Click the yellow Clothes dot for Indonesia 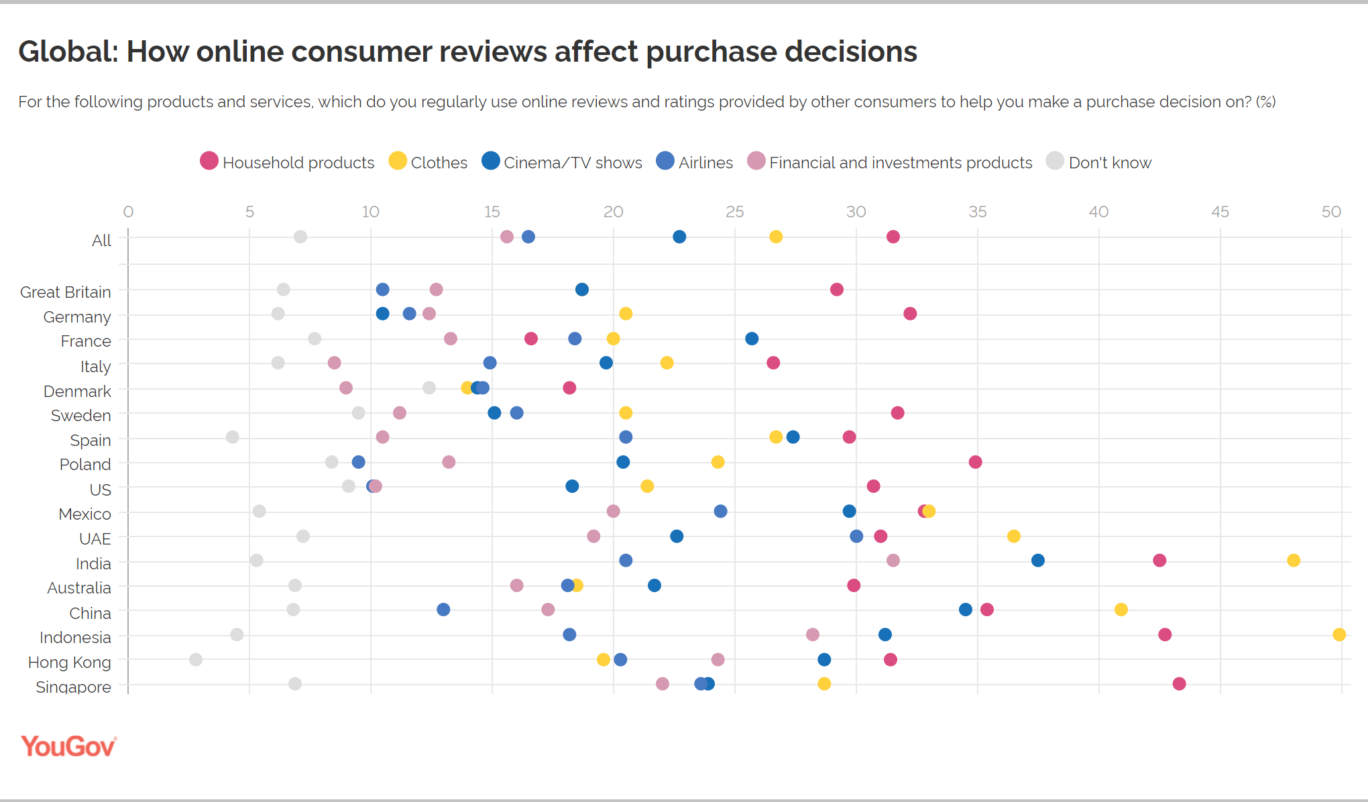[x=1338, y=634]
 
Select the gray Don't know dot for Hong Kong [x=196, y=660]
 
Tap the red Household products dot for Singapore [x=1179, y=684]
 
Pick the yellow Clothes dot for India [x=1294, y=561]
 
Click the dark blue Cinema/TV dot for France [x=752, y=339]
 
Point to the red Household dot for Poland [x=975, y=462]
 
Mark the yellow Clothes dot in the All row [x=776, y=237]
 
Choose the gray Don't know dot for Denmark [x=429, y=388]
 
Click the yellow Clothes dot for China [x=1121, y=610]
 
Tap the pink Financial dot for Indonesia [x=812, y=634]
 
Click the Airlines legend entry [x=694, y=162]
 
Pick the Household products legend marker [x=209, y=161]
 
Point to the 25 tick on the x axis [x=734, y=212]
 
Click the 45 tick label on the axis [x=1220, y=212]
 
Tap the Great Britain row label [x=66, y=292]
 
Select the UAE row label [x=95, y=539]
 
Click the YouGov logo [x=68, y=746]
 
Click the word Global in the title [x=68, y=52]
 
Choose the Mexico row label [x=84, y=514]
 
